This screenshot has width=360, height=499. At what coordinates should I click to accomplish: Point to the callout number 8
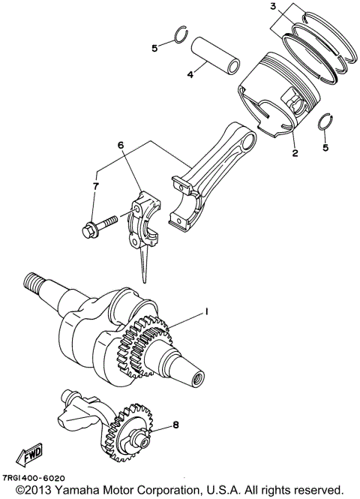[175, 425]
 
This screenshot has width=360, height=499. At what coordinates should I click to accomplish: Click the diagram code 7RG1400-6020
[34, 478]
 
